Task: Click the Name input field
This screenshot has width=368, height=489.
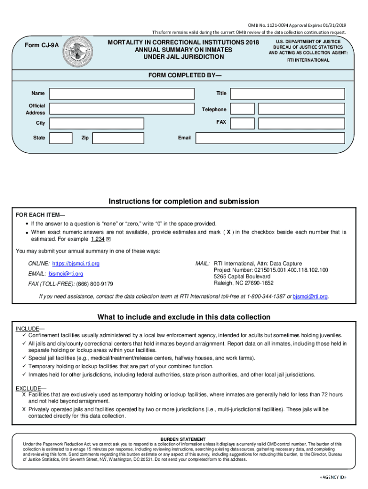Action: pyautogui.click(x=122, y=94)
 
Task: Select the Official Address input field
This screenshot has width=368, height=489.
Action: pyautogui.click(x=122, y=108)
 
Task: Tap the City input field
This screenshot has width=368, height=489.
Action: pyautogui.click(x=96, y=123)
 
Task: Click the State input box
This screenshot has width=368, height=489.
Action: pyautogui.click(x=61, y=138)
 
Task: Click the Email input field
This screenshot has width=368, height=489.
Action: pyautogui.click(x=270, y=138)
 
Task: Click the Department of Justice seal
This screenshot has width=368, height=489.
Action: pyautogui.click(x=79, y=51)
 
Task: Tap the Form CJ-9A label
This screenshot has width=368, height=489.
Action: pyautogui.click(x=43, y=45)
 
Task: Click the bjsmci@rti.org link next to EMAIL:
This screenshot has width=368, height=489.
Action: pyautogui.click(x=66, y=274)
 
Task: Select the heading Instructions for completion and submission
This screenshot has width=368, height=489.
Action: pyautogui.click(x=184, y=202)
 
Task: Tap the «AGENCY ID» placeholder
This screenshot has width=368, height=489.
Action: pyautogui.click(x=333, y=478)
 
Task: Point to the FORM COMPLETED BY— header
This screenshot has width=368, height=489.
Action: pyautogui.click(x=184, y=76)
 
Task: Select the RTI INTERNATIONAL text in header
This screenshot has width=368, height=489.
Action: pyautogui.click(x=308, y=60)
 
